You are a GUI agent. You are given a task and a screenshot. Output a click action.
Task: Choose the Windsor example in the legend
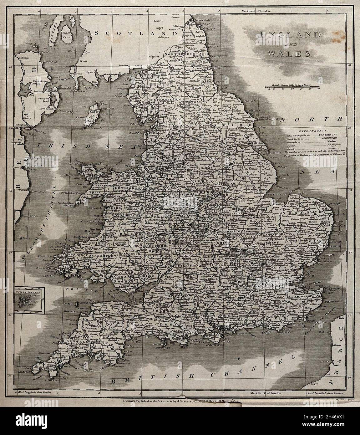[327, 141]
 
